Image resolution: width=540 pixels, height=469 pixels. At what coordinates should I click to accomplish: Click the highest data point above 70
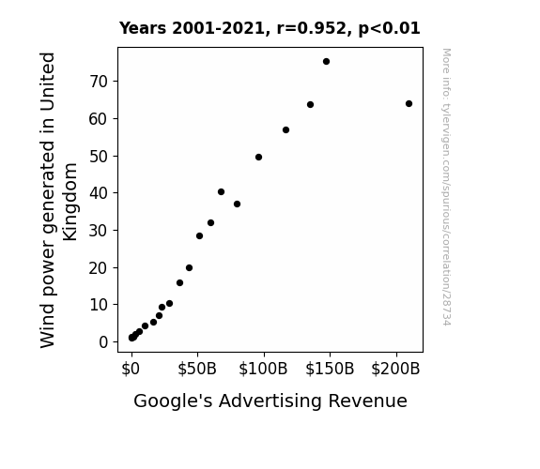(x=326, y=62)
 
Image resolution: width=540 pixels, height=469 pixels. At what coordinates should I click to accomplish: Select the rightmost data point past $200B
(x=409, y=103)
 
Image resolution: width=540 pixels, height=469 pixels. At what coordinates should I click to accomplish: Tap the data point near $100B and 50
(x=258, y=158)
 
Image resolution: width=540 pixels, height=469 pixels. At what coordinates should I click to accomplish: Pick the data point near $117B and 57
(x=285, y=130)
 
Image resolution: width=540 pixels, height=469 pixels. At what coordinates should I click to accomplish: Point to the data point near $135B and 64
(x=310, y=105)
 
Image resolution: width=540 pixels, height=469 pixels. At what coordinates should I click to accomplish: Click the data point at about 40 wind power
(x=221, y=192)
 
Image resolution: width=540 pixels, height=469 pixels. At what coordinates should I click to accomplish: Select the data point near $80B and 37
(x=237, y=204)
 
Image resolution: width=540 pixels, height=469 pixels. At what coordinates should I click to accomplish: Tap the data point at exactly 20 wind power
(x=189, y=267)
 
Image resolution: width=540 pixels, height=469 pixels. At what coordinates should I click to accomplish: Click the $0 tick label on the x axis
(x=131, y=369)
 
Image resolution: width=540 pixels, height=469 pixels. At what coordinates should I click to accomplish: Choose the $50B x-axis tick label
(x=197, y=369)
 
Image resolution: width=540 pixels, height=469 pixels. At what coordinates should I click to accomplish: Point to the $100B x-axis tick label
(x=263, y=369)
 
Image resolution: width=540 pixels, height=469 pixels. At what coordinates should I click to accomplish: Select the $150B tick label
(x=330, y=369)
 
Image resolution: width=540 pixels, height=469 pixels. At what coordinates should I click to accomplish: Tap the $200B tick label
(x=395, y=369)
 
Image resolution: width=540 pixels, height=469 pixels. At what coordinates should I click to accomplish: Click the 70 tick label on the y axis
(x=99, y=82)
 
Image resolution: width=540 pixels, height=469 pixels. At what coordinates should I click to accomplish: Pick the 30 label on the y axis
(x=99, y=231)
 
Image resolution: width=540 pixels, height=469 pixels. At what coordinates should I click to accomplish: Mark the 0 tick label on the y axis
(x=103, y=342)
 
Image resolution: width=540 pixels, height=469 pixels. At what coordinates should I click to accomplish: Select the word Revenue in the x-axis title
(x=367, y=401)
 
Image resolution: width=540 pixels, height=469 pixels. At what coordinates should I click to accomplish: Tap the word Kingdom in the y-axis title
(x=69, y=202)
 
